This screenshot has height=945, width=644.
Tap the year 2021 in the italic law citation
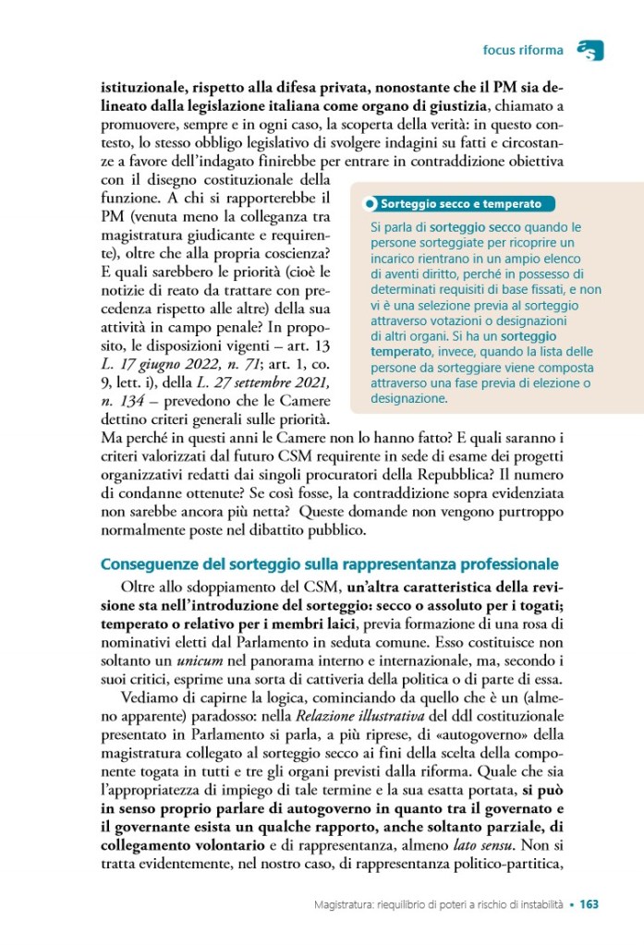pyautogui.click(x=305, y=382)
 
